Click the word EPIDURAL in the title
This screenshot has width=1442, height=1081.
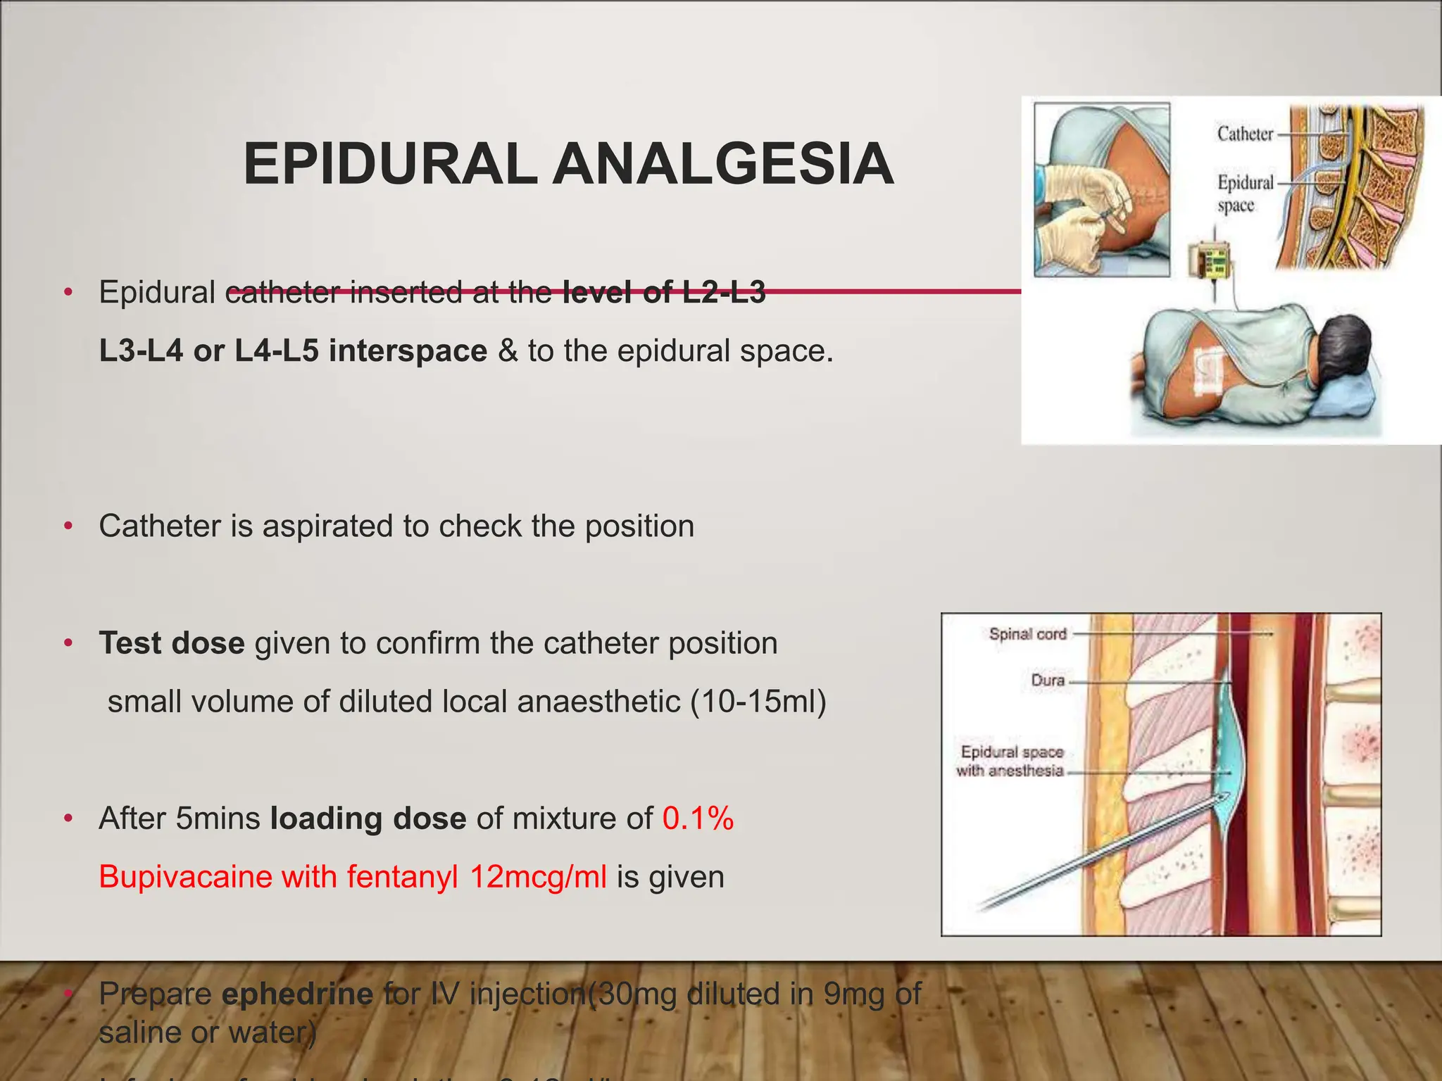(391, 164)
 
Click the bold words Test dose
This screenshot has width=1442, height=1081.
(172, 643)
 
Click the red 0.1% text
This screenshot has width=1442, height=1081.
(698, 818)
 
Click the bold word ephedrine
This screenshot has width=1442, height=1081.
(297, 994)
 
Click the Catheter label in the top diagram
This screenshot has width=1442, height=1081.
(1245, 134)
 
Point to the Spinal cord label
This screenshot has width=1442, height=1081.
(1027, 634)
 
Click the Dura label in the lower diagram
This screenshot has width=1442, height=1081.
(1048, 681)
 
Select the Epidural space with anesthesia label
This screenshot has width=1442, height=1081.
(1010, 761)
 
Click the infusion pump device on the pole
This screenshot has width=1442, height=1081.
(1210, 261)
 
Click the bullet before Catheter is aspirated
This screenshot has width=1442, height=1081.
(68, 526)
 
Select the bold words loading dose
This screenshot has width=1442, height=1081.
(368, 818)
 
